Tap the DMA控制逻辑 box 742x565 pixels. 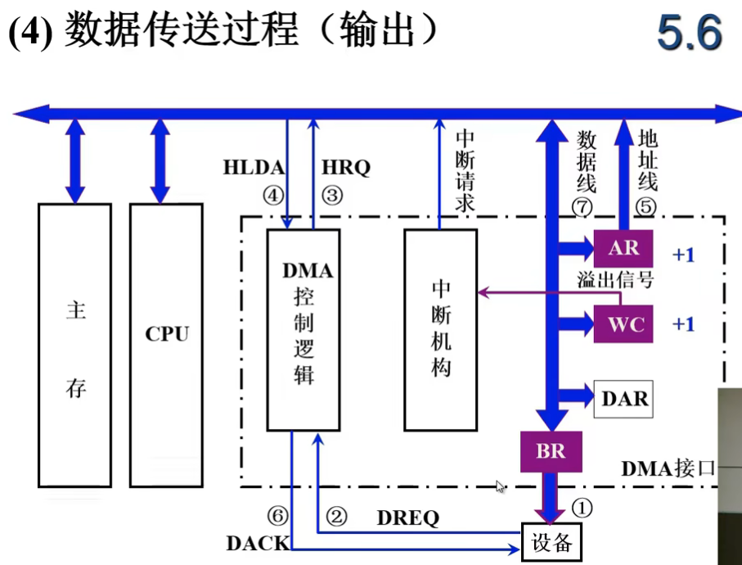click(x=304, y=329)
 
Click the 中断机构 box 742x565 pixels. click(x=441, y=329)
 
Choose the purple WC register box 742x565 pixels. click(x=626, y=324)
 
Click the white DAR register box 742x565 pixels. click(x=623, y=399)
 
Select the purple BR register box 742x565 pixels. click(x=551, y=451)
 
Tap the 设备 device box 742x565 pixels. click(x=551, y=541)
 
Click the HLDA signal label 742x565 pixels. click(x=254, y=168)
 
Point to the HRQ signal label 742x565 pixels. click(x=346, y=168)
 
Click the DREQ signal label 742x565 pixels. click(x=407, y=518)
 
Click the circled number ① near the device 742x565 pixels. click(x=582, y=507)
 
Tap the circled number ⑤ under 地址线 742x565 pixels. click(x=646, y=207)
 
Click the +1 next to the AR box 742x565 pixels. click(x=683, y=255)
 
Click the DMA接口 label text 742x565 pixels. click(x=668, y=469)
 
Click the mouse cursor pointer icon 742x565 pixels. click(x=500, y=487)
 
